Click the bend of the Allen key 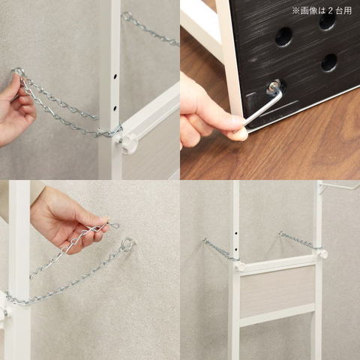point(280,93)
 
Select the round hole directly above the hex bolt point(329,62)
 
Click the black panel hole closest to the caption point(327,21)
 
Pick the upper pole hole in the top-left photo point(115,76)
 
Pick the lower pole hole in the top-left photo point(115,109)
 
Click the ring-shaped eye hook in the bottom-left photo point(127,243)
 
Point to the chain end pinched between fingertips point(112,224)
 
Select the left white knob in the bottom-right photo point(238,265)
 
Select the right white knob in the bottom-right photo point(322,253)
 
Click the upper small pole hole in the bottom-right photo point(236,233)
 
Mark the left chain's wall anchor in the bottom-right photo point(205,240)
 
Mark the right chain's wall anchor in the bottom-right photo point(281,233)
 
